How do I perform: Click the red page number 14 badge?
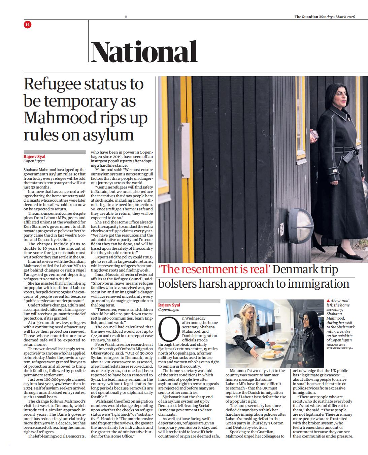click(x=28, y=24)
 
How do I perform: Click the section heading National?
click(x=144, y=52)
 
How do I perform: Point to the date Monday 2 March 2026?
click(x=337, y=17)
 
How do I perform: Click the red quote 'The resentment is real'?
click(x=214, y=270)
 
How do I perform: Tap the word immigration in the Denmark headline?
click(x=315, y=284)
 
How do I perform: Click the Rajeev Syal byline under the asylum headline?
click(x=34, y=156)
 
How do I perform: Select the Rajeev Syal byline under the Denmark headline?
click(x=169, y=305)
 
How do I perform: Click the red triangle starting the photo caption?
click(x=328, y=301)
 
